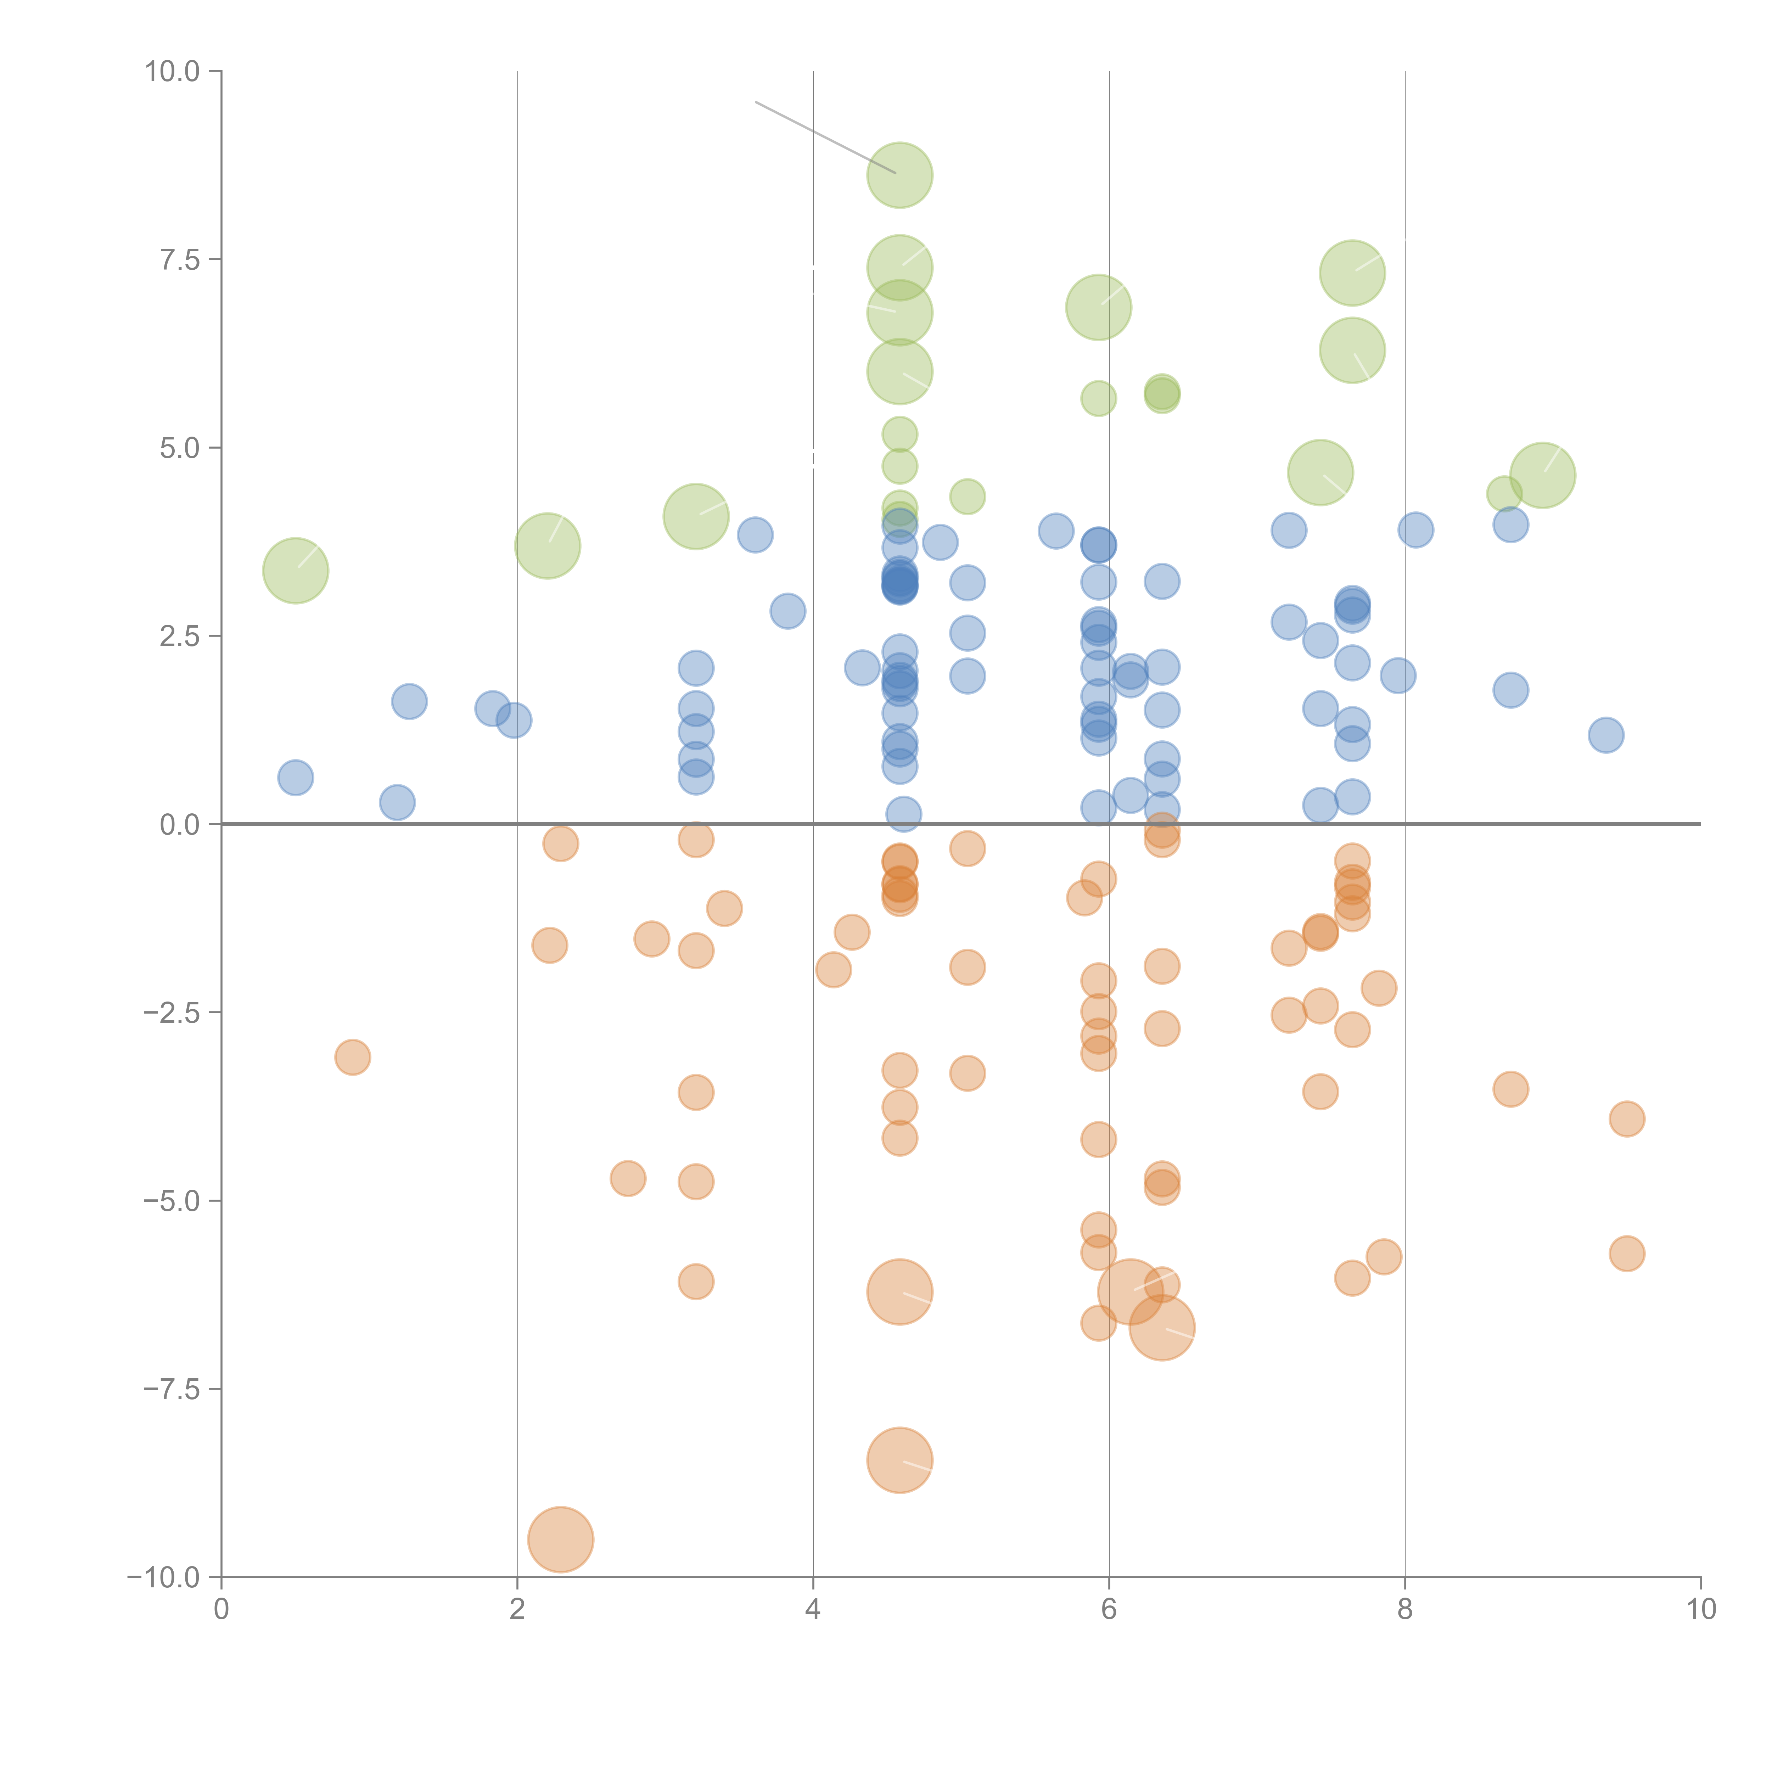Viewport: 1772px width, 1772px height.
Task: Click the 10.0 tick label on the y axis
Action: pos(173,72)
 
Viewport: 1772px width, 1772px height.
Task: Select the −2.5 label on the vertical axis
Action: pos(173,1013)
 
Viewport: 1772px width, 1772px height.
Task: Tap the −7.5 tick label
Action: pos(173,1389)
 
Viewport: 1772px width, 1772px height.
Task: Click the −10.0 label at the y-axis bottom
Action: pos(165,1577)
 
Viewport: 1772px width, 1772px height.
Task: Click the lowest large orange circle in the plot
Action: pos(560,1539)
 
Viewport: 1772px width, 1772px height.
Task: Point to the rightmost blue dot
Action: pos(1605,735)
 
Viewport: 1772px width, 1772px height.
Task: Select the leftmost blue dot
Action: pos(295,778)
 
